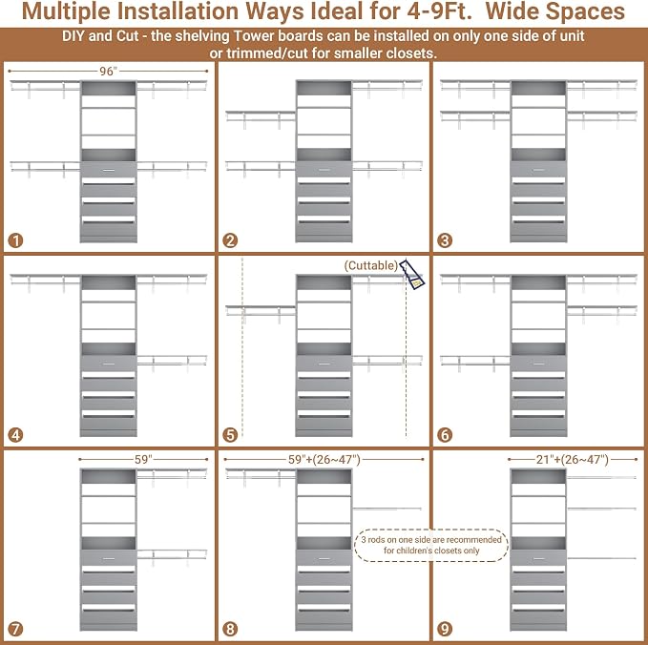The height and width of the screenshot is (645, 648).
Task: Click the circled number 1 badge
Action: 15,240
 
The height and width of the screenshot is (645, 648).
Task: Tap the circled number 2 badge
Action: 230,240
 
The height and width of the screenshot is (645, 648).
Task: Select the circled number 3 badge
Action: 445,240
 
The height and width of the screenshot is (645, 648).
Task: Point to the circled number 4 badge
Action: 15,435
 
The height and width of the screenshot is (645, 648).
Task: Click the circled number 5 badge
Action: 230,435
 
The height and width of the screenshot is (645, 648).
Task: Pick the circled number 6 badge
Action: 445,435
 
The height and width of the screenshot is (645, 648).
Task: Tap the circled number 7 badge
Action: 15,629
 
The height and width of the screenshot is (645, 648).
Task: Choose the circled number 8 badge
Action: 230,629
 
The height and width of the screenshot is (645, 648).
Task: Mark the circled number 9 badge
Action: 445,629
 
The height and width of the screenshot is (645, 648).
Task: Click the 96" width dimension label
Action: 109,72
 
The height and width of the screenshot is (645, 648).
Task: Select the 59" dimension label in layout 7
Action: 143,460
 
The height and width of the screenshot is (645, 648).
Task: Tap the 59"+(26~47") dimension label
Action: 324,460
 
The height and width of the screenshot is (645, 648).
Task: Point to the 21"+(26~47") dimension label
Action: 573,460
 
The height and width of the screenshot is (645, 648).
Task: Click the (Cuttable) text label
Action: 370,265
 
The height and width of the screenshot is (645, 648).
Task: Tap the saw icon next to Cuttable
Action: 412,274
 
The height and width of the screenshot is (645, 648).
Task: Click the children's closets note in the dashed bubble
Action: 431,545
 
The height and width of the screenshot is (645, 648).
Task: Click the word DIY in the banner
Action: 73,36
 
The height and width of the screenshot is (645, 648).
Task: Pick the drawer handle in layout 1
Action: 109,170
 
